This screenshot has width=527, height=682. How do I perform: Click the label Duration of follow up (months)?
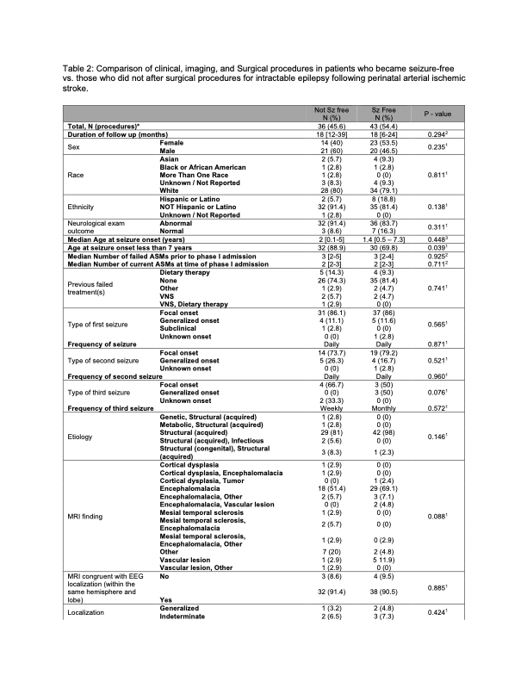point(116,135)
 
